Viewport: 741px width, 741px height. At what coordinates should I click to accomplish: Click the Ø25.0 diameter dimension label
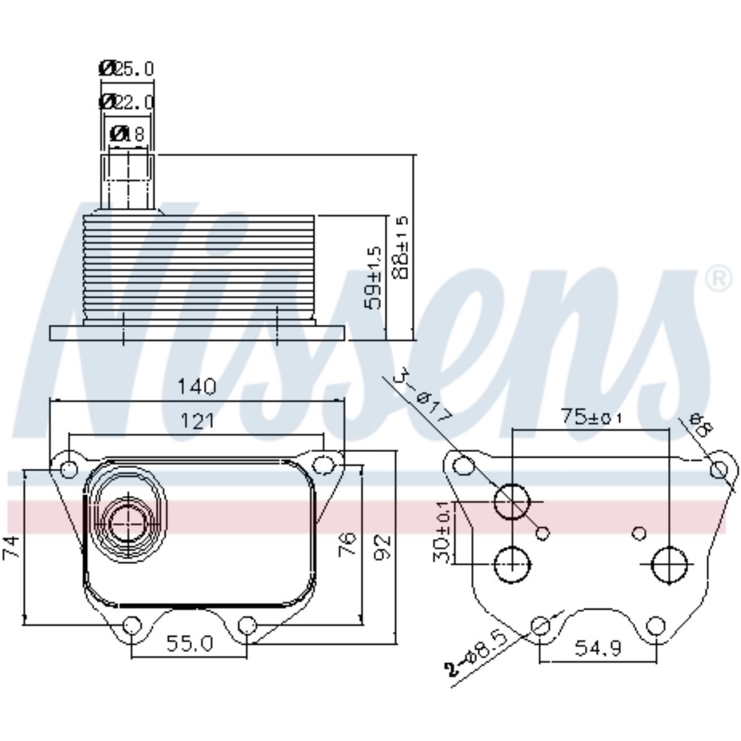coord(127,68)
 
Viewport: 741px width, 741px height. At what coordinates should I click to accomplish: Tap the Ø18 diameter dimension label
coord(127,133)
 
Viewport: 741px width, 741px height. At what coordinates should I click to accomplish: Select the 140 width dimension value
coord(197,387)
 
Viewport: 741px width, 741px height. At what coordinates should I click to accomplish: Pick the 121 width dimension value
coord(197,421)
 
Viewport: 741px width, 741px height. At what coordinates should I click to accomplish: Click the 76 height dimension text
coord(350,544)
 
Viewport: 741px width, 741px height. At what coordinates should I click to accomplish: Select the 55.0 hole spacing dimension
coord(190,644)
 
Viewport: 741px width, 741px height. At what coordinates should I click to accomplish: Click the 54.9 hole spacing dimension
coord(597,648)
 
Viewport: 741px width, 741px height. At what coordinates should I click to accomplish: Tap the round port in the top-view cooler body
coord(128,522)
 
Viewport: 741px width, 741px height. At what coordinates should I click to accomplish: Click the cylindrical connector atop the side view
coord(128,182)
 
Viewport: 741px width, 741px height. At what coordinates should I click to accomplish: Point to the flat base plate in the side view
coord(197,333)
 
